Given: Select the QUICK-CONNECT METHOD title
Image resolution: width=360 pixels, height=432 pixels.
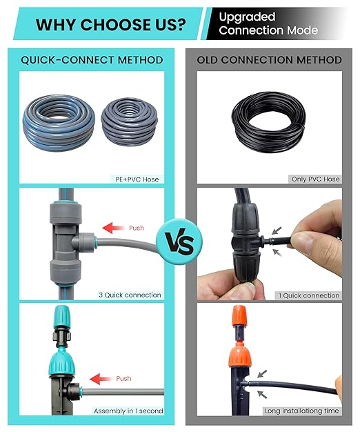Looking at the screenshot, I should [92, 60].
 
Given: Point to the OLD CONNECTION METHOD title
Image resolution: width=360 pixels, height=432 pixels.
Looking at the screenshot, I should [269, 60].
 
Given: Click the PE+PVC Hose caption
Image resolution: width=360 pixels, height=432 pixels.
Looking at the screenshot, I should [136, 179].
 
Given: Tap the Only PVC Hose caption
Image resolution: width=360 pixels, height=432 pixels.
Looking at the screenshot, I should [315, 179].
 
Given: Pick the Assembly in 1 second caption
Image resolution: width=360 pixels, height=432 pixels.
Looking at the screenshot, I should [128, 411].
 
